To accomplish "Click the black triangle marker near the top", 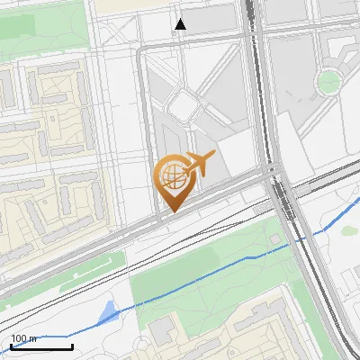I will coord(181,24).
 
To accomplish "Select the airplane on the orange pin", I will coord(200,164).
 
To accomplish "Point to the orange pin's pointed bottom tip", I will coord(170,212).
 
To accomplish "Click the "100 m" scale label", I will coord(24,338).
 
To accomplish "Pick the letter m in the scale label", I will coord(32,338).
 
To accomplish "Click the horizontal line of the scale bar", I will coord(41,347).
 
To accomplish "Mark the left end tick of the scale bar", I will coord(11,346).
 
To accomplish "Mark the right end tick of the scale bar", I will coord(72,346).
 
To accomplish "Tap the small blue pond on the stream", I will coord(107,313).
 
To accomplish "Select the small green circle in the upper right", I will coord(328,82).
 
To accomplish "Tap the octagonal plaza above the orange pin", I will coord(184,104).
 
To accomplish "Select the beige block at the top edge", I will coord(126,4).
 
